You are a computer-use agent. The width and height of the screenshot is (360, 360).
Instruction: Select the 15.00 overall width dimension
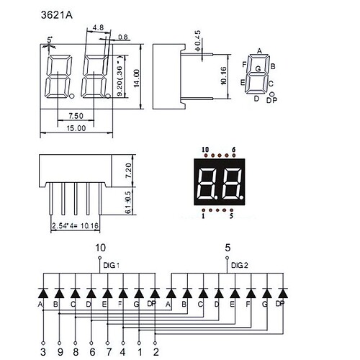[x=76, y=128]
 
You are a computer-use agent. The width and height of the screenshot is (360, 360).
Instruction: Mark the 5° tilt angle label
[x=50, y=40]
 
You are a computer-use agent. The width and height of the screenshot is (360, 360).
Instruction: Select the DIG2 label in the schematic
[x=240, y=266]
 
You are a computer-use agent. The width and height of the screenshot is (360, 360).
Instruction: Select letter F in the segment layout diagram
[x=245, y=64]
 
